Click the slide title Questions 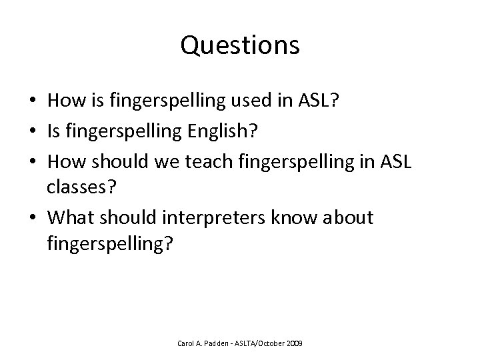point(240,45)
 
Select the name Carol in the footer point(185,343)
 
